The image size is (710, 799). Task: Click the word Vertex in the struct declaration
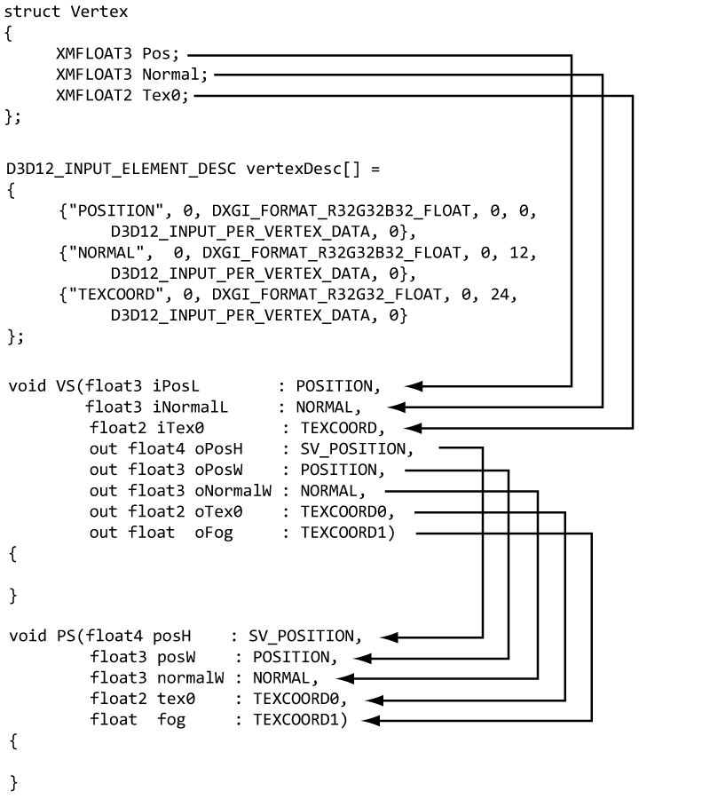click(x=99, y=12)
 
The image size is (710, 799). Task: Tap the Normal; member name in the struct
click(x=175, y=75)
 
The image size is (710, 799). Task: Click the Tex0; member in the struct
click(x=166, y=96)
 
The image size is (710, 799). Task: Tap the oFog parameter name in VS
click(x=214, y=533)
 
